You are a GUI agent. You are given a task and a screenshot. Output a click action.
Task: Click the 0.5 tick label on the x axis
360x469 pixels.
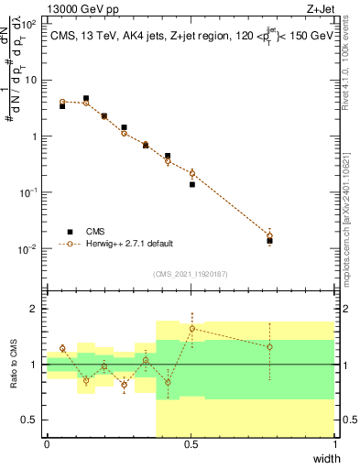(x=191, y=444)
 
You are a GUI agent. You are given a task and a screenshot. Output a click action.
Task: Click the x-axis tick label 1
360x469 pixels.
(x=333, y=444)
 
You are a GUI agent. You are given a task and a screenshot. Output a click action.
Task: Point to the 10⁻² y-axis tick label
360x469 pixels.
(x=30, y=249)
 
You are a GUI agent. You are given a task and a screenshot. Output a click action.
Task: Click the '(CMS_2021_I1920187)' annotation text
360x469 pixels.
(x=191, y=274)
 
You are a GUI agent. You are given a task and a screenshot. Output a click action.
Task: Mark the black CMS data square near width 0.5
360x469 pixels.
(x=192, y=184)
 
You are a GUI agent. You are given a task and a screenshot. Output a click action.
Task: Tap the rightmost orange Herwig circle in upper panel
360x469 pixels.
(x=269, y=235)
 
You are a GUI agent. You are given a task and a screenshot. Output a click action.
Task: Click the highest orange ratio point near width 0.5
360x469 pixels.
(x=192, y=328)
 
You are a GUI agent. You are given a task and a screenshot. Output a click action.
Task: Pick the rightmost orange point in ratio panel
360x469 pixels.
(x=269, y=347)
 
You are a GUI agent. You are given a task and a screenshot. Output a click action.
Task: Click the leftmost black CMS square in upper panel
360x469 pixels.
(x=62, y=106)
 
